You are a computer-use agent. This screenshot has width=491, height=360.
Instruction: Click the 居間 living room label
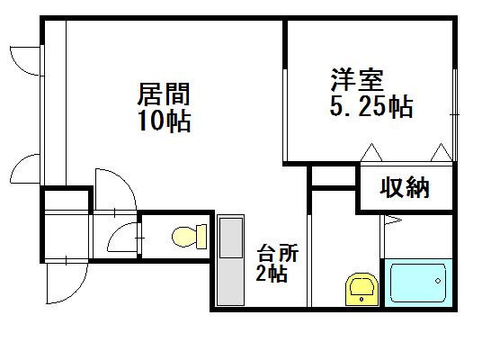coord(164,94)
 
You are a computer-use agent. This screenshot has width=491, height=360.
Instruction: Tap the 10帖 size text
coord(164,121)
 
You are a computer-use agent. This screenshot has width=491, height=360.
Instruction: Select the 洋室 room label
coord(357,79)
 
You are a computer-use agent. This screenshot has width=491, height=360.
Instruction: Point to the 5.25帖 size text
coord(371,106)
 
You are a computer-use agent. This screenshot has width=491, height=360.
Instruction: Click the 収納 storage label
coord(405,187)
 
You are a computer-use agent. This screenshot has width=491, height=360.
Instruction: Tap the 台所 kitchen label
coord(278,253)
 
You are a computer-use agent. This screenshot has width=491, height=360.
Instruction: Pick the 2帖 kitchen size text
coord(272,273)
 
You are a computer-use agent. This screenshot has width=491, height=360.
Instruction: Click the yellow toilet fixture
coord(190,237)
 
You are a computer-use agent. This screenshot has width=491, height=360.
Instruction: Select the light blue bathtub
coord(418,283)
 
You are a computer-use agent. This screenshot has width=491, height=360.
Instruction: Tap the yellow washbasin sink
coord(362,289)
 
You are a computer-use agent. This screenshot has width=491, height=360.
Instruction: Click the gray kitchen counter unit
coord(231,260)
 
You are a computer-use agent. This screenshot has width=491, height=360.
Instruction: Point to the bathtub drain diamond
coord(438,281)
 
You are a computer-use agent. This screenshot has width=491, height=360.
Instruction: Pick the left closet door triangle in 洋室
coord(371,152)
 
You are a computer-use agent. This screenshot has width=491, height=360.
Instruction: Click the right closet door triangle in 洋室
coord(442,152)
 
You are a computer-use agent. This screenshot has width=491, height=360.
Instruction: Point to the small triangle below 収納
coord(393,220)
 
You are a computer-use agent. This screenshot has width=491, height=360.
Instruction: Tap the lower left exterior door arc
coord(17,164)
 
